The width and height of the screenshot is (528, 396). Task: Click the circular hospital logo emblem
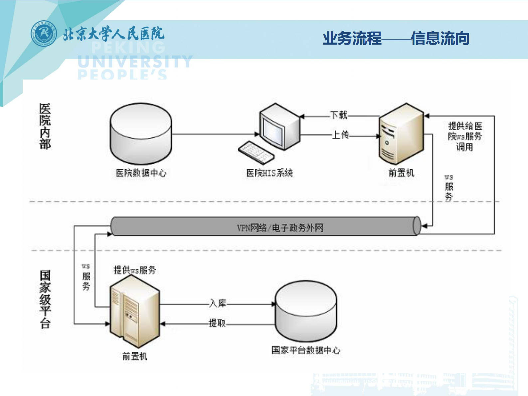pyautogui.click(x=44, y=33)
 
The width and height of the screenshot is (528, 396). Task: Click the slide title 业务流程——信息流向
pyautogui.click(x=396, y=38)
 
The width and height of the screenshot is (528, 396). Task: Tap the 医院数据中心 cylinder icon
pyautogui.click(x=141, y=134)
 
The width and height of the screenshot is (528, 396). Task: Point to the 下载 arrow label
pyautogui.click(x=338, y=115)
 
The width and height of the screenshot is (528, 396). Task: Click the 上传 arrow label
pyautogui.click(x=340, y=135)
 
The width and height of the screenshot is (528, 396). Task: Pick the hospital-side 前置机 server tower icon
pyautogui.click(x=401, y=134)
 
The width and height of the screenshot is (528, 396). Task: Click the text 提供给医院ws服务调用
pyautogui.click(x=465, y=136)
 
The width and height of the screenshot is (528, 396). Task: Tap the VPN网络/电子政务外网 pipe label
pyautogui.click(x=280, y=228)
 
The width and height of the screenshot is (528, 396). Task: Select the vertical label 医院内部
pyautogui.click(x=45, y=126)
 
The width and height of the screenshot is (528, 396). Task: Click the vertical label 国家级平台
pyautogui.click(x=45, y=299)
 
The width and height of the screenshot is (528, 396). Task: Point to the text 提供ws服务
pyautogui.click(x=134, y=270)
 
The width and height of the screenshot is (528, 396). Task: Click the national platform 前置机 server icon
pyautogui.click(x=135, y=312)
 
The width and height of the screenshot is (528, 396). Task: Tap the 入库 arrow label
pyautogui.click(x=218, y=303)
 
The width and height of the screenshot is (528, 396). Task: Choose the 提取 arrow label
pyautogui.click(x=217, y=323)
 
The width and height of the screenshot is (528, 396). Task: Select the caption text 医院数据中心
pyautogui.click(x=141, y=173)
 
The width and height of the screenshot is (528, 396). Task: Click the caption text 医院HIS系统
pyautogui.click(x=269, y=173)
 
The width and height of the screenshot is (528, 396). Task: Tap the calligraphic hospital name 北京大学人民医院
pyautogui.click(x=114, y=34)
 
